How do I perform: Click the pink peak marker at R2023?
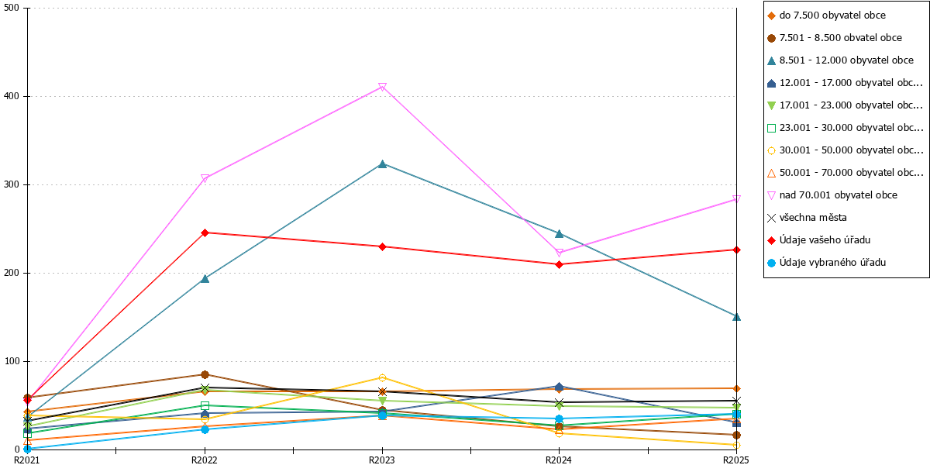[x=382, y=87]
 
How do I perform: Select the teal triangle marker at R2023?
[x=382, y=164]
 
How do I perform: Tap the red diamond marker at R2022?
[x=205, y=233]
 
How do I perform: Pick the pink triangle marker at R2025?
[x=736, y=199]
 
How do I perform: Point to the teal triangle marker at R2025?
[x=736, y=317]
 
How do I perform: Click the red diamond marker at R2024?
[x=560, y=264]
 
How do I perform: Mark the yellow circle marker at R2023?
[x=382, y=378]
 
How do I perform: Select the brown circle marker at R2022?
[x=205, y=375]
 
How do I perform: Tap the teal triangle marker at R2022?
[x=205, y=278]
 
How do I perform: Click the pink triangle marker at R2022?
[x=205, y=178]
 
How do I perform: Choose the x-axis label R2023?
[x=382, y=460]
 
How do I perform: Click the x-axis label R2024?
[x=559, y=460]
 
